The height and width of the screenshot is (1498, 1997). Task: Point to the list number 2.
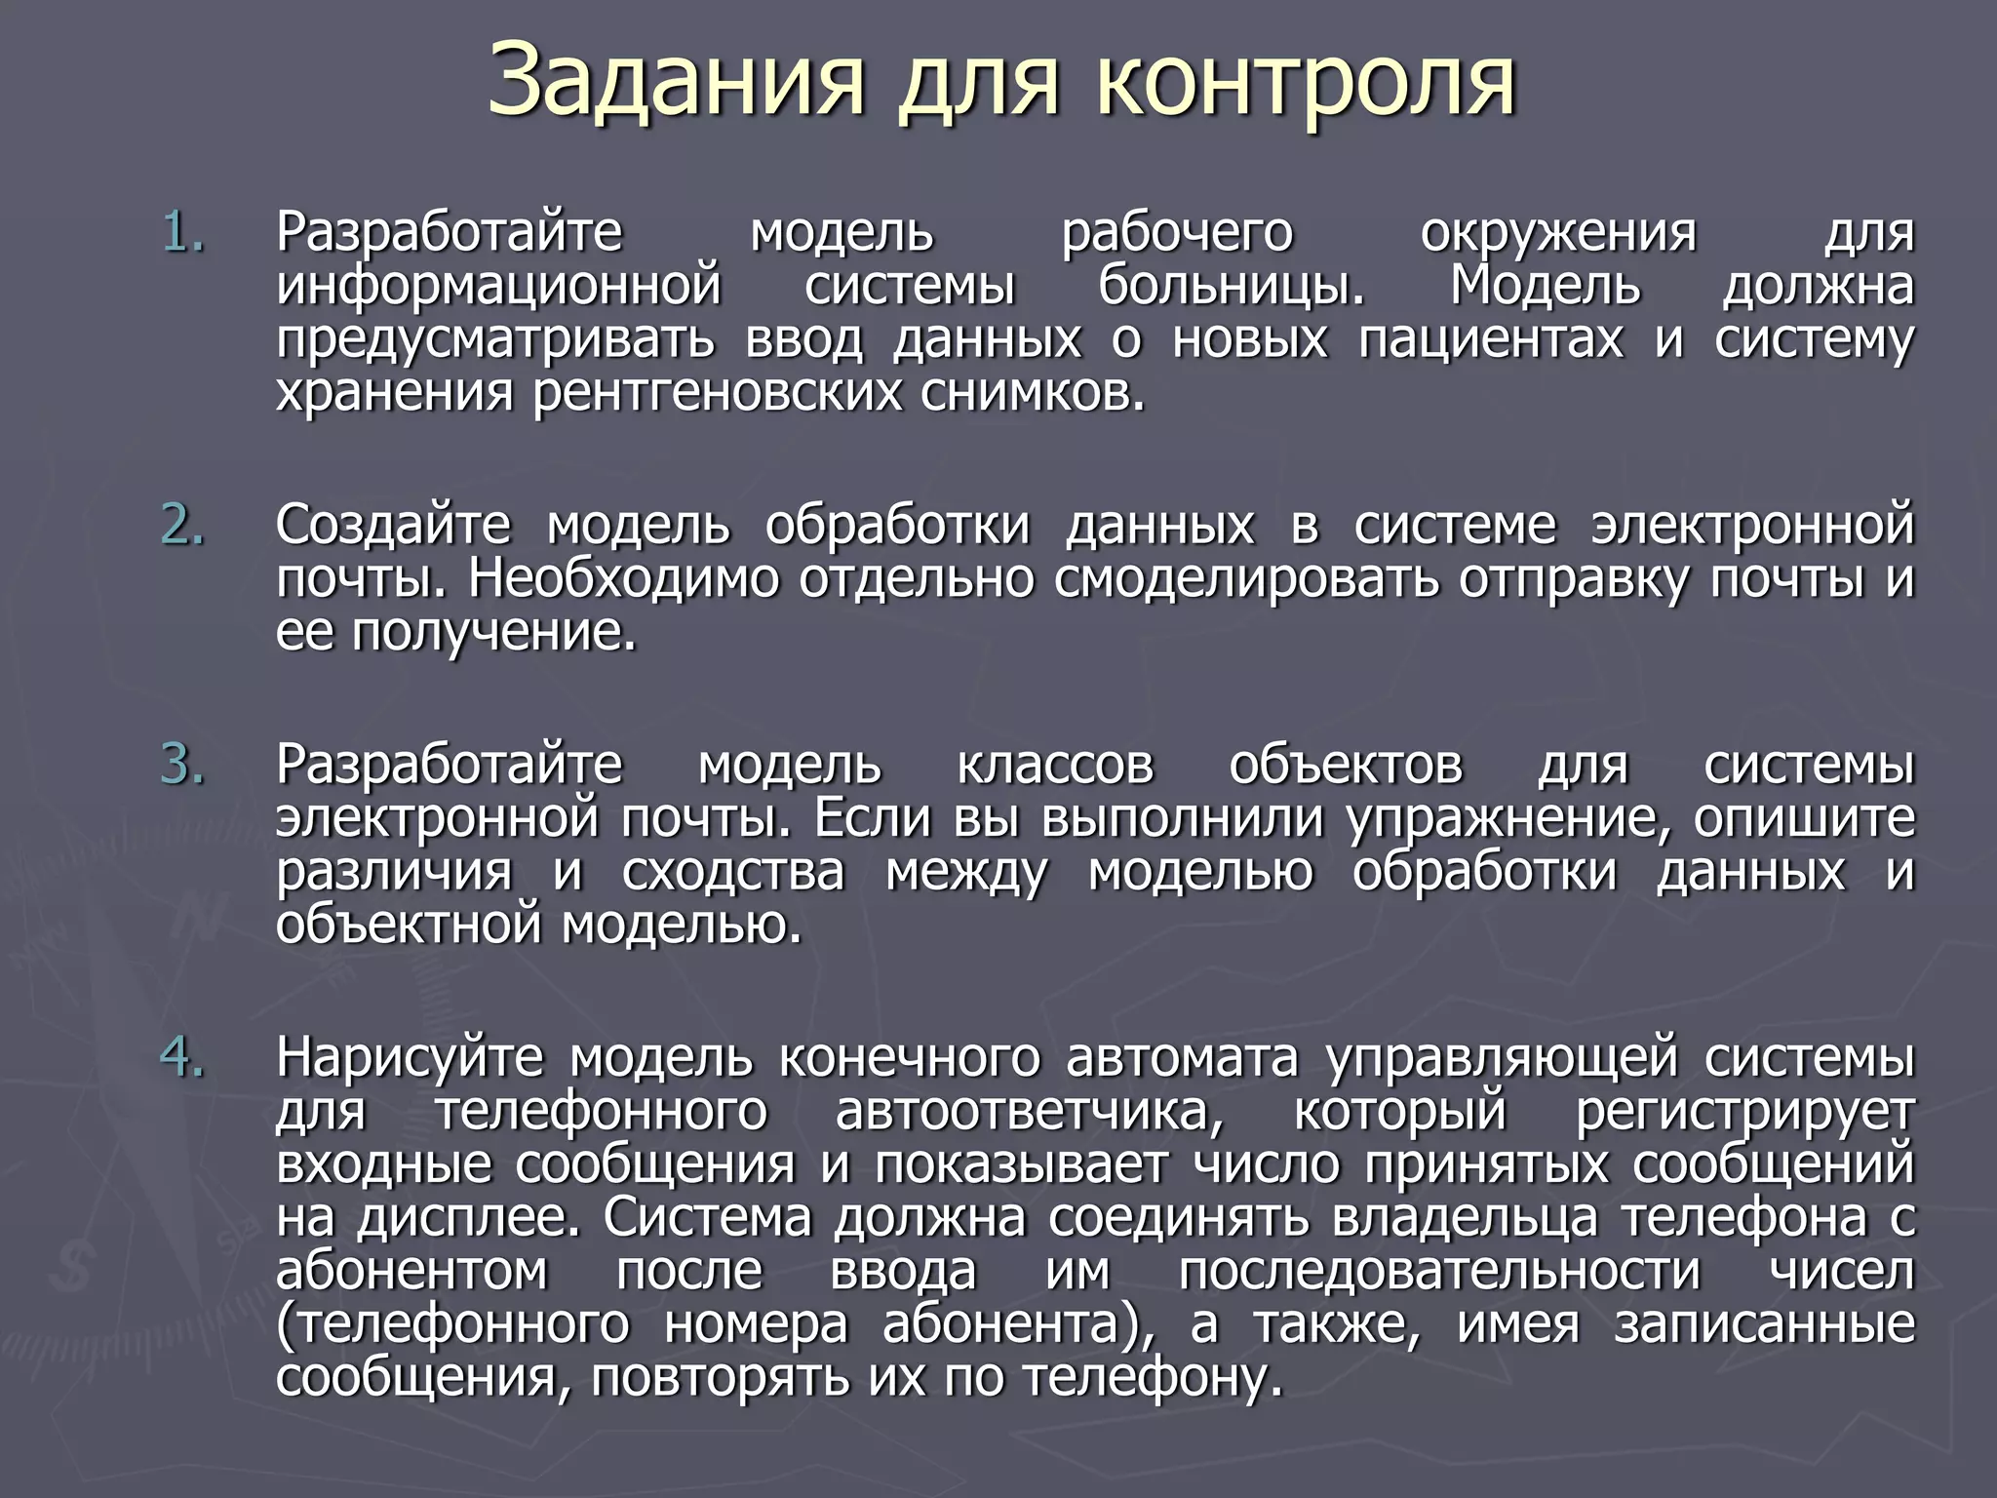coord(183,526)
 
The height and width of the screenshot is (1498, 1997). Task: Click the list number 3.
coord(183,765)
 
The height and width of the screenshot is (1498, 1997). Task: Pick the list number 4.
coord(183,1058)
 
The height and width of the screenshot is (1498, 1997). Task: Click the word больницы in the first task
coord(1232,287)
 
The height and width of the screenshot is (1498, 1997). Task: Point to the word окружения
coord(1558,234)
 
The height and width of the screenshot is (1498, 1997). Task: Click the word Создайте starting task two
coord(393,526)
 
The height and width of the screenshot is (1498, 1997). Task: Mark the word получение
coord(493,633)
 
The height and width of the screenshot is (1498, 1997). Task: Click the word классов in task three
coord(1055,765)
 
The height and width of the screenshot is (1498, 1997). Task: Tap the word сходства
coord(733,872)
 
